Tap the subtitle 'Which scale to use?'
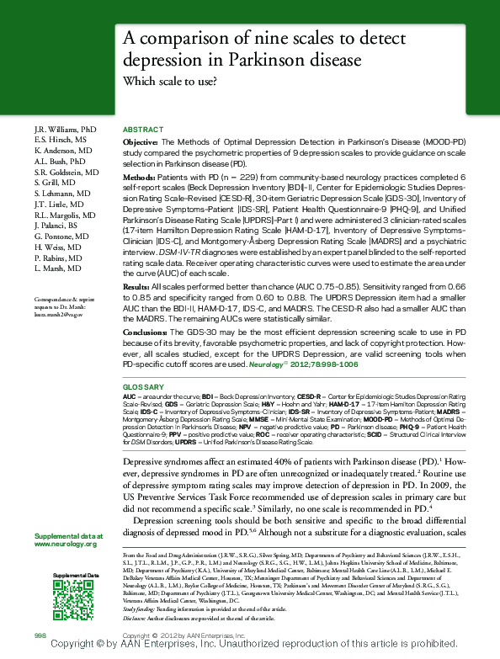coord(171,82)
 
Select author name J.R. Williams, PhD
coord(66,130)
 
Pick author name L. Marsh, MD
coord(58,268)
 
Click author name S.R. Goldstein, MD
coord(67,172)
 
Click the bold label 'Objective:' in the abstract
coord(140,144)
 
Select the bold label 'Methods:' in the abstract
coord(139,179)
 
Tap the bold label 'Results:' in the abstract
coord(138,288)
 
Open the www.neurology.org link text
coord(68,545)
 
